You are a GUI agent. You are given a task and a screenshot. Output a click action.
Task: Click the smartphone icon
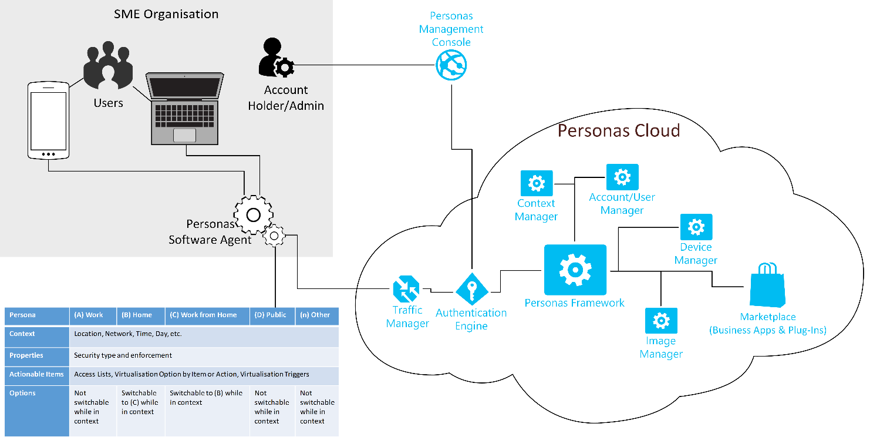tap(49, 120)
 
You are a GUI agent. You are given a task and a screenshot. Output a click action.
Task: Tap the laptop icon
tap(185, 109)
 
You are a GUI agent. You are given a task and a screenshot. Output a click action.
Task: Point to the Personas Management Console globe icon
tap(451, 65)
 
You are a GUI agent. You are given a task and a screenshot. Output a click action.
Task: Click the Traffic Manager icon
tap(407, 289)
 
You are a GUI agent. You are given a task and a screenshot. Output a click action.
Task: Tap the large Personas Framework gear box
tap(575, 270)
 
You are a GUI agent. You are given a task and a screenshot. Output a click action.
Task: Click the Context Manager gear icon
tap(537, 183)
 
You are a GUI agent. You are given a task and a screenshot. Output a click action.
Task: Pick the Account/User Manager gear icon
tap(622, 177)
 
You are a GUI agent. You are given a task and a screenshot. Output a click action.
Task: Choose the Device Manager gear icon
tap(696, 227)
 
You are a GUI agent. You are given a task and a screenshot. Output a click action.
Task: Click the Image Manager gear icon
tap(662, 321)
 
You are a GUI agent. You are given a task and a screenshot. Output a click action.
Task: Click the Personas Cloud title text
tap(619, 130)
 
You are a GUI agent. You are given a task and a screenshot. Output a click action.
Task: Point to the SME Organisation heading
tap(166, 14)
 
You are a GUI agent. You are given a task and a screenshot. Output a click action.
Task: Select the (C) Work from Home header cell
tap(207, 315)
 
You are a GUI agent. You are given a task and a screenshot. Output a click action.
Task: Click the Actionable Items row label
tap(36, 374)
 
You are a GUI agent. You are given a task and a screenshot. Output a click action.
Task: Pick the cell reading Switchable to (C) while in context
tap(140, 402)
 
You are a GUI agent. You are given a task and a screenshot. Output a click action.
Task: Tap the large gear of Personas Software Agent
tap(253, 214)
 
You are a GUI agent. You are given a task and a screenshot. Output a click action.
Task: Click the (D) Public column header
tap(272, 315)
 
